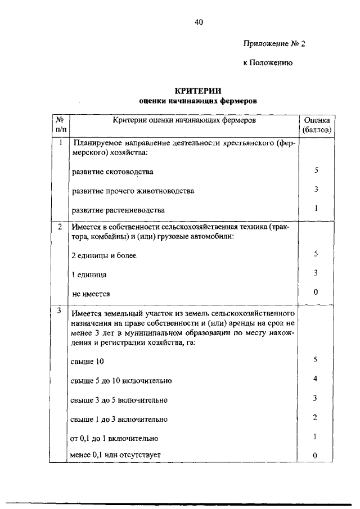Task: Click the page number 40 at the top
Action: click(x=198, y=22)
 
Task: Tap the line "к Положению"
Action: click(x=267, y=64)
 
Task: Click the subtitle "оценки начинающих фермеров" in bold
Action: click(x=197, y=102)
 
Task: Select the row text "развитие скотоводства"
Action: click(x=112, y=172)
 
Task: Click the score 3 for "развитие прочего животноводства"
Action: click(x=316, y=190)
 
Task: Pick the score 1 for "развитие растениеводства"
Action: click(x=316, y=208)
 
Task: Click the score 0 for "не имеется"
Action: click(x=316, y=292)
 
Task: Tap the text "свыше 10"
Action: click(x=88, y=361)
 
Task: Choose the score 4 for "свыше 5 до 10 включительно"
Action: click(x=316, y=379)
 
